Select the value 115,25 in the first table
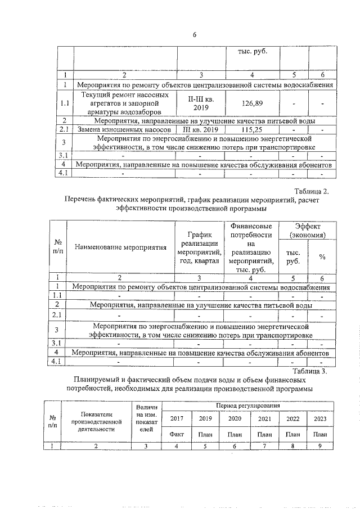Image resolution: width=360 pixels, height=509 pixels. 251,130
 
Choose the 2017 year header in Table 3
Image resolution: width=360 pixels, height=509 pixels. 177,419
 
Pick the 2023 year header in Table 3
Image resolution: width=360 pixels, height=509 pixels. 320,419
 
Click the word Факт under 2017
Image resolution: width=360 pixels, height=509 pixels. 177,434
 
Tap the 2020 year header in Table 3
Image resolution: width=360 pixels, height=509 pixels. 235,419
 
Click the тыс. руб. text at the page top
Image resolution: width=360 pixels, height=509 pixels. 251,52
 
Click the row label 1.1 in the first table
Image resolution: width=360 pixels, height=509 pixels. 65,103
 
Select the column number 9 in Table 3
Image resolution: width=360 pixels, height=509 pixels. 320,446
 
